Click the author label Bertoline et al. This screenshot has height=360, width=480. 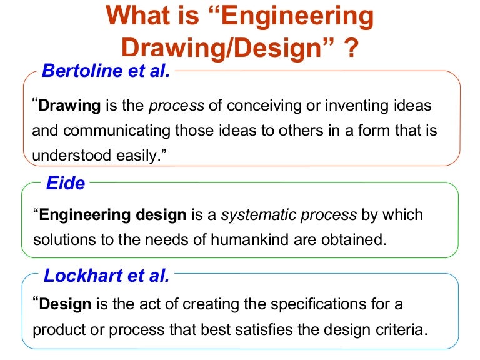point(106,71)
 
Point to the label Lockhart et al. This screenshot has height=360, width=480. point(106,275)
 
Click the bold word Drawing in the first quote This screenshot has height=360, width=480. point(69,106)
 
